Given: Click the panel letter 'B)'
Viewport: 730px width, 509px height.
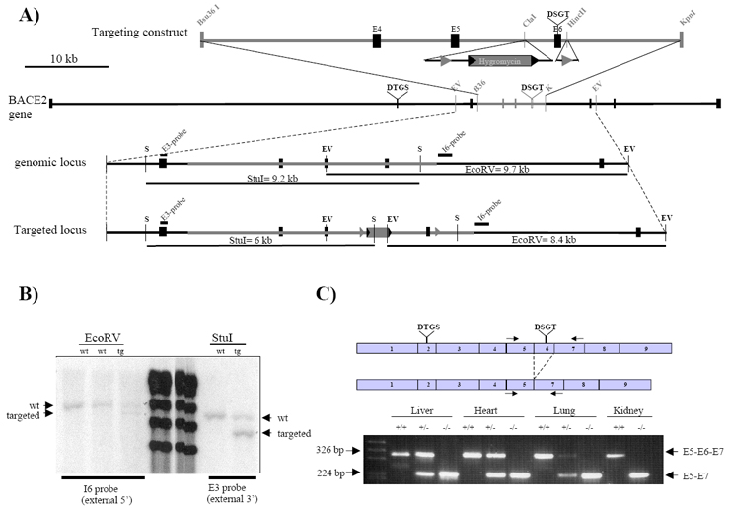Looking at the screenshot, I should (19, 294).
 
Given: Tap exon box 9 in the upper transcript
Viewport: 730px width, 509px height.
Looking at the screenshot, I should (639, 349).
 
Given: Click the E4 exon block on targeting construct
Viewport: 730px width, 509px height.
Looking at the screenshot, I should (377, 40).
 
